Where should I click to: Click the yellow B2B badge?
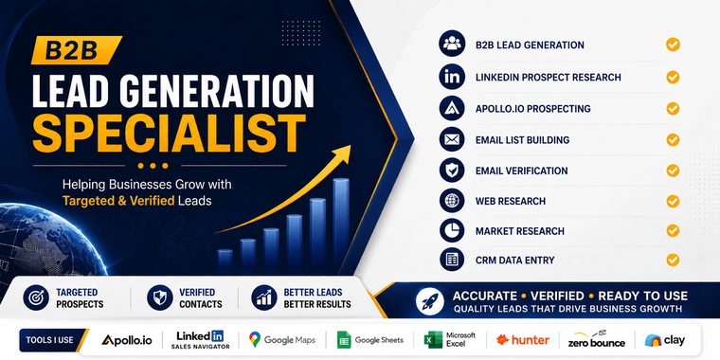click(x=76, y=50)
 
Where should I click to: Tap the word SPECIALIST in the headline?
click(x=169, y=131)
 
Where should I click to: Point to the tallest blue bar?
click(x=341, y=222)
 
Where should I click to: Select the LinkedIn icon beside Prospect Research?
click(x=452, y=77)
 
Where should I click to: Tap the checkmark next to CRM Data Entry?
click(x=673, y=260)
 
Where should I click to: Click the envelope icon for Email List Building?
click(x=452, y=139)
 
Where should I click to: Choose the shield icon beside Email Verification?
click(x=452, y=171)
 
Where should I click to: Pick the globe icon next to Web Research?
click(x=452, y=201)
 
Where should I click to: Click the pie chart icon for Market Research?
click(x=452, y=230)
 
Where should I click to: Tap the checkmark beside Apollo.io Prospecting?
click(x=673, y=108)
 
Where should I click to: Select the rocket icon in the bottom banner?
click(x=429, y=301)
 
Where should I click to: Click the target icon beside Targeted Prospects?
click(x=36, y=298)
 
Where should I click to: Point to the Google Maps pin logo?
click(x=255, y=339)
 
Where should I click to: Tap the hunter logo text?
click(x=523, y=340)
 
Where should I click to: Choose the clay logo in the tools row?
click(x=664, y=340)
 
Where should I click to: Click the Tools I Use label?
click(x=49, y=340)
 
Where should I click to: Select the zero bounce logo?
click(x=597, y=339)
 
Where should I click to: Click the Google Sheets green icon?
click(x=344, y=340)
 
